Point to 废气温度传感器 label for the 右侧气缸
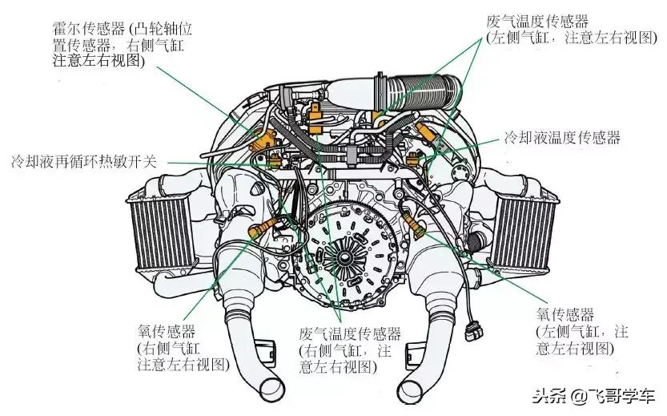click(x=350, y=333)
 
